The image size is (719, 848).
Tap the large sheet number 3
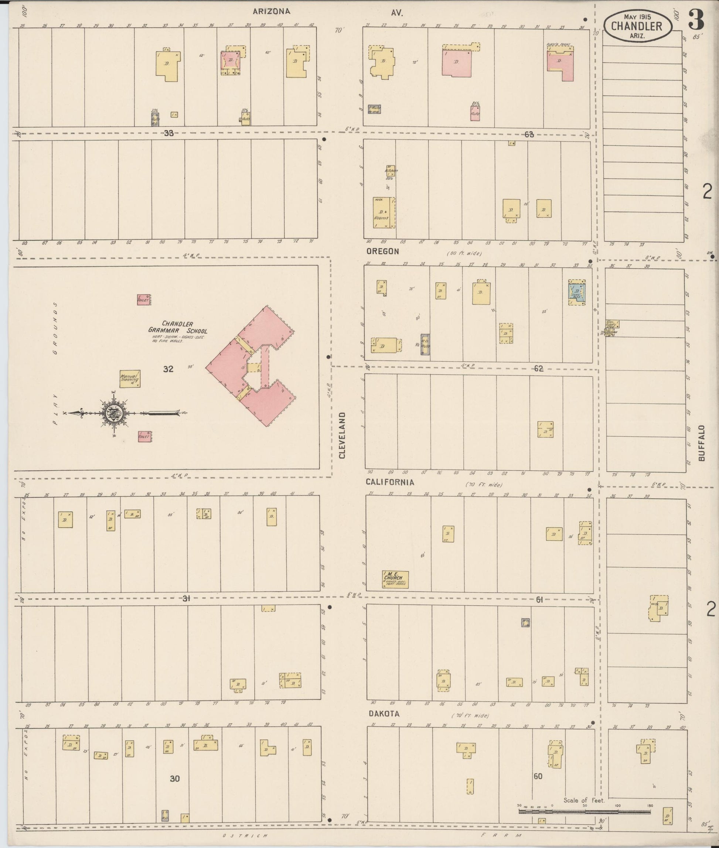click(x=696, y=20)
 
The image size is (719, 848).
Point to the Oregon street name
click(x=382, y=252)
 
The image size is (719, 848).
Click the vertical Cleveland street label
click(x=342, y=435)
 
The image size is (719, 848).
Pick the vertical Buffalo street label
click(x=701, y=443)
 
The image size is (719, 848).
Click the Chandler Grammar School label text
click(x=177, y=327)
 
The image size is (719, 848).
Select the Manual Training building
click(x=130, y=379)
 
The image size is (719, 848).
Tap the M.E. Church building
click(x=395, y=579)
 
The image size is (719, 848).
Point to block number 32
click(x=168, y=369)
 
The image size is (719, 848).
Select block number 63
click(x=529, y=134)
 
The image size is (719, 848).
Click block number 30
click(x=174, y=779)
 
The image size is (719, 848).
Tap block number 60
click(x=538, y=776)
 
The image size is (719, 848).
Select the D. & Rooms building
click(x=384, y=212)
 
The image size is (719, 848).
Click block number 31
click(x=186, y=599)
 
